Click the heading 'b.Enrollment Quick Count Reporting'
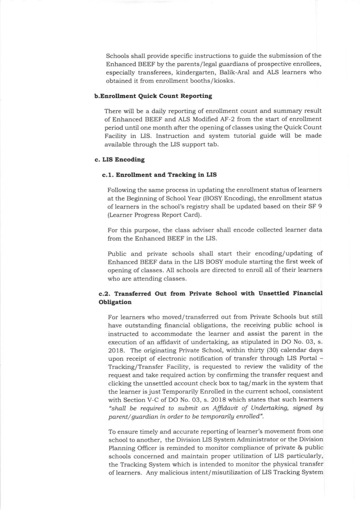[153, 96]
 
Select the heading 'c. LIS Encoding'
[120, 160]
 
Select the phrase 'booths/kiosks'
[217, 81]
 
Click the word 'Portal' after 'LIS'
[308, 359]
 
